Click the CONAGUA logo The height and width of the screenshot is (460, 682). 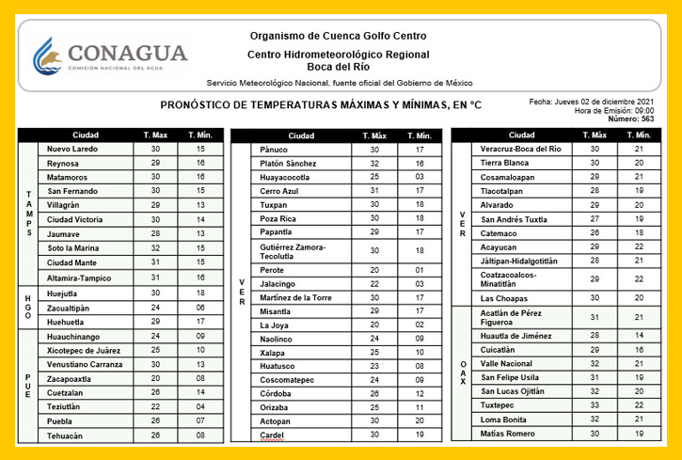click(110, 57)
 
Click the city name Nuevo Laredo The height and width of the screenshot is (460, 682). click(72, 149)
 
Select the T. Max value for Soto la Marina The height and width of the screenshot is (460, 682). click(155, 248)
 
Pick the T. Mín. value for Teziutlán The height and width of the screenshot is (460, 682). click(199, 406)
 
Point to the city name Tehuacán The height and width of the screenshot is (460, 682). click(65, 436)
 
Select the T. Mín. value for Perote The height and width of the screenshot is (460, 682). click(420, 270)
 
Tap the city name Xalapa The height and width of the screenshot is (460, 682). click(274, 352)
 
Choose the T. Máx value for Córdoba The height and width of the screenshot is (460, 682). click(374, 394)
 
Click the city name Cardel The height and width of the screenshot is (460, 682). click(273, 436)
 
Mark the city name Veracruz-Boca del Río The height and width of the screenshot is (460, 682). click(520, 149)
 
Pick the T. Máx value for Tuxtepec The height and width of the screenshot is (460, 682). click(595, 404)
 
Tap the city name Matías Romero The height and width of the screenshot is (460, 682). click(508, 433)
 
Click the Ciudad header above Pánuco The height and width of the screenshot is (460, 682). click(301, 135)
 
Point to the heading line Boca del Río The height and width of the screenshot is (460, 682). click(339, 68)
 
